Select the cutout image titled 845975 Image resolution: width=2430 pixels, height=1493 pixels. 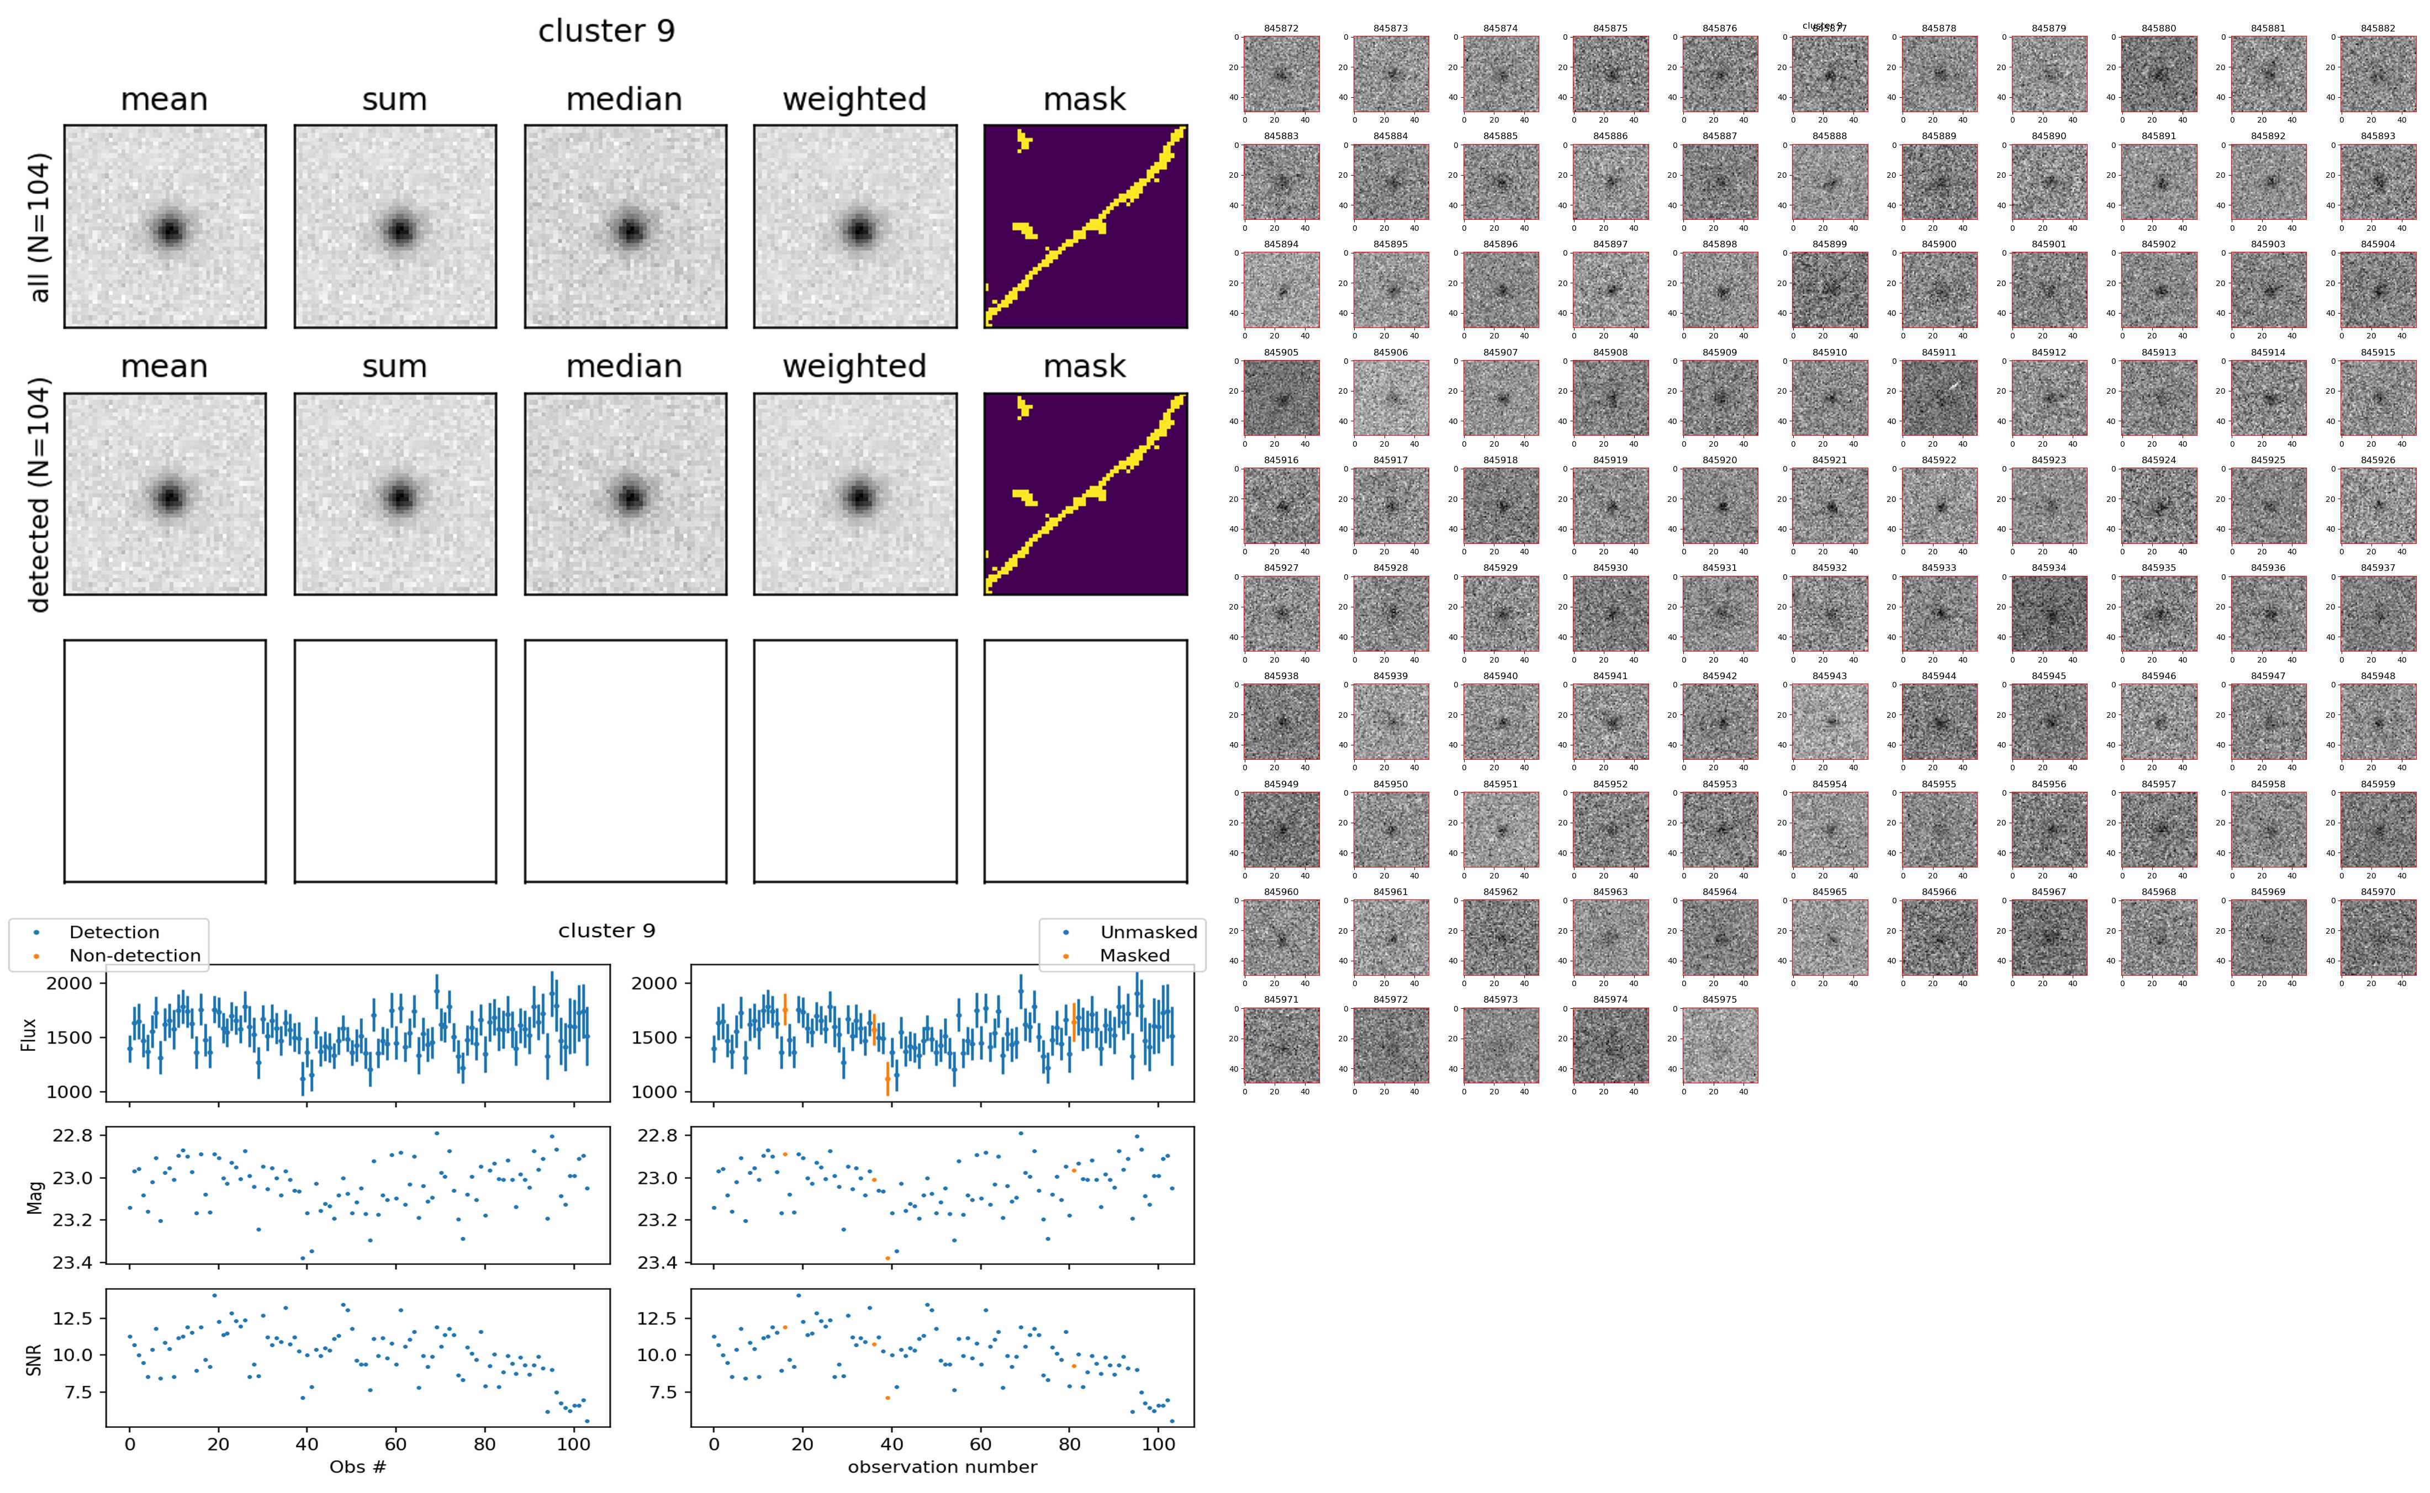pyautogui.click(x=1719, y=1046)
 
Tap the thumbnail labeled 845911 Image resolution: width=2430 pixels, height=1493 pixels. pyautogui.click(x=1938, y=398)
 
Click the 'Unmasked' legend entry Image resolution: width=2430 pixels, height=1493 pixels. pyautogui.click(x=1148, y=932)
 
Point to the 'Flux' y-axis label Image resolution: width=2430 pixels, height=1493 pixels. pyautogui.click(x=29, y=1034)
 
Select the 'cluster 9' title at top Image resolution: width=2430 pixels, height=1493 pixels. pyautogui.click(x=606, y=31)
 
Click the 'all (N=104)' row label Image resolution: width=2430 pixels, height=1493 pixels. pyautogui.click(x=40, y=227)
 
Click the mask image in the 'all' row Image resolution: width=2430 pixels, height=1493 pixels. pyautogui.click(x=1085, y=226)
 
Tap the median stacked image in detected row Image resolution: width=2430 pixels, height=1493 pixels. pyautogui.click(x=625, y=494)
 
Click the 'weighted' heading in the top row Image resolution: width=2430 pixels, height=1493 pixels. pyautogui.click(x=854, y=100)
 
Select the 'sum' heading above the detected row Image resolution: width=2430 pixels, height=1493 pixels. pyautogui.click(x=394, y=367)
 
